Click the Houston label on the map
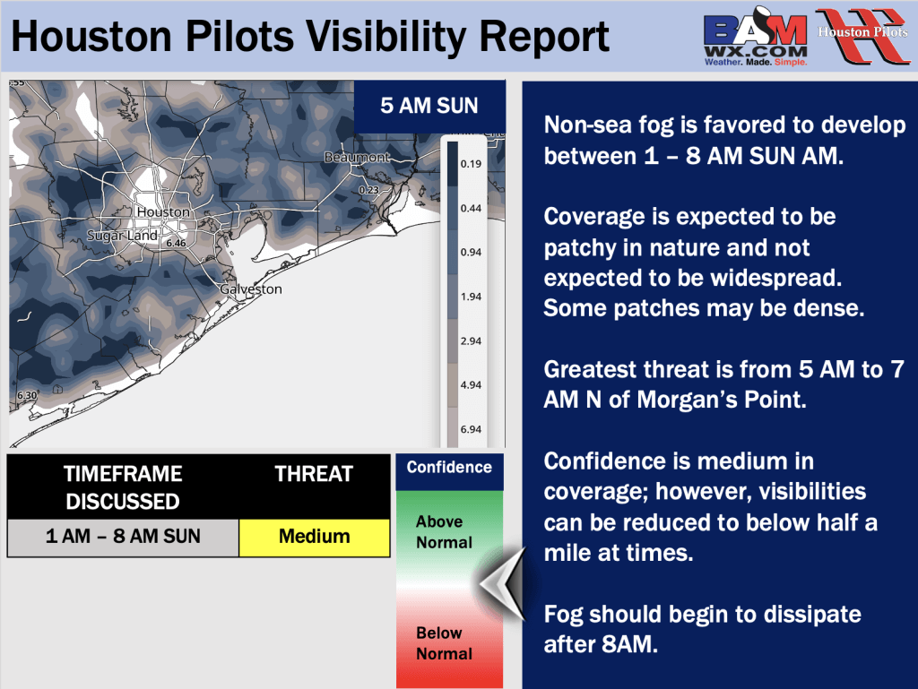(x=163, y=212)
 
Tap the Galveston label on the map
(x=251, y=289)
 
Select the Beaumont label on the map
(x=357, y=158)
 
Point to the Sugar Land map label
(x=122, y=236)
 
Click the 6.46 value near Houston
(x=176, y=243)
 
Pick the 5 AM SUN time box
(x=429, y=106)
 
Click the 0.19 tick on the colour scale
(x=471, y=164)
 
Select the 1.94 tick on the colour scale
(x=471, y=297)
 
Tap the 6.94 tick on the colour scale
(x=471, y=429)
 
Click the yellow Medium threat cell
(x=314, y=537)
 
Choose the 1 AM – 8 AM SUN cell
(x=123, y=537)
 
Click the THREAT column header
(x=314, y=474)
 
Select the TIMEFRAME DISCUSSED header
(x=123, y=487)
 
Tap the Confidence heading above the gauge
(x=449, y=467)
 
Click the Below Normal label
(x=439, y=643)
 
